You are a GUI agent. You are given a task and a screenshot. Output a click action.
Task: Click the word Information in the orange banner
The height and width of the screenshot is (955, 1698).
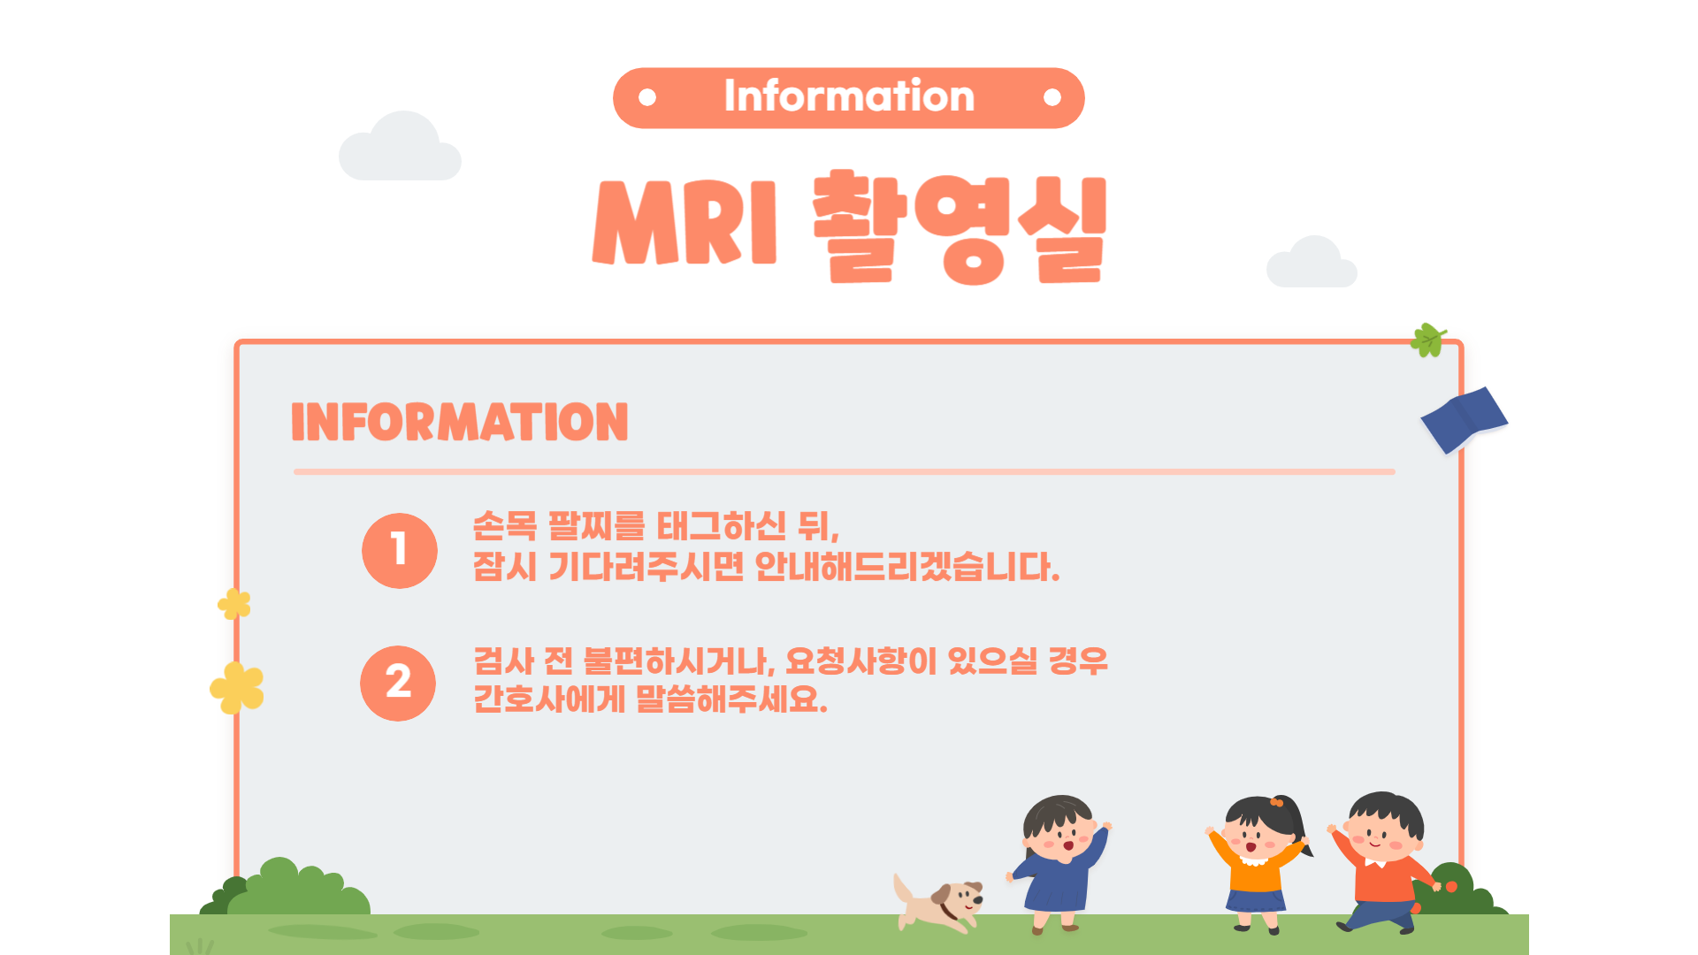849,95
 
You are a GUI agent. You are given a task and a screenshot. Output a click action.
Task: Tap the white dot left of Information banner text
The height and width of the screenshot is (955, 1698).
647,97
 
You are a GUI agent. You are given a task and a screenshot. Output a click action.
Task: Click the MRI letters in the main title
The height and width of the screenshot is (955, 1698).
685,223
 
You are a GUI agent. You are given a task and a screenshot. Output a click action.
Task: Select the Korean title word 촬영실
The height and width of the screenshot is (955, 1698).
960,227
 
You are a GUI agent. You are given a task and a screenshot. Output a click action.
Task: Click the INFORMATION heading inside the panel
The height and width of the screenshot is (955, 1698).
460,422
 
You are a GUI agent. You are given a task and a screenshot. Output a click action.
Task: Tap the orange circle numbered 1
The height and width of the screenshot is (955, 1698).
400,550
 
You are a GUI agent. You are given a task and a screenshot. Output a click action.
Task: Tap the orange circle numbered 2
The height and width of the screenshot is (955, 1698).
398,683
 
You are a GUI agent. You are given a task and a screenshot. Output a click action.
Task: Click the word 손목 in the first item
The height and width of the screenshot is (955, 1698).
505,526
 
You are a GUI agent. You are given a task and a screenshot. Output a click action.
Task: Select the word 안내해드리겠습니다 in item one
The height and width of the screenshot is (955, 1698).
907,567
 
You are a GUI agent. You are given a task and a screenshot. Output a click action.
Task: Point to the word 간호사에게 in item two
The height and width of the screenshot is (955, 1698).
549,699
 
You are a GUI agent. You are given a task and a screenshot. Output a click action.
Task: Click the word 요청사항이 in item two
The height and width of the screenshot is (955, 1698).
860,661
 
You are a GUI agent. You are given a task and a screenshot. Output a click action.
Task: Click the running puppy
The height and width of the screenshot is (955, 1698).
938,903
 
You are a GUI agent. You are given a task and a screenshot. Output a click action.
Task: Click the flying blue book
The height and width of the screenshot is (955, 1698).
1465,420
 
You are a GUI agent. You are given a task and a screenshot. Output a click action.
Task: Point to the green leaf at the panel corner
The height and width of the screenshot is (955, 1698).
1428,340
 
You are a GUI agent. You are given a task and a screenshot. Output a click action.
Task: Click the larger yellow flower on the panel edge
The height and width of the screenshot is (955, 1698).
237,688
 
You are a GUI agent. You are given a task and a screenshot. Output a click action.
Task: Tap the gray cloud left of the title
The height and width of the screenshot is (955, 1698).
400,147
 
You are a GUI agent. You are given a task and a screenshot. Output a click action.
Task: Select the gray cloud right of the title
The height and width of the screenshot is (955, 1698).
1312,262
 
